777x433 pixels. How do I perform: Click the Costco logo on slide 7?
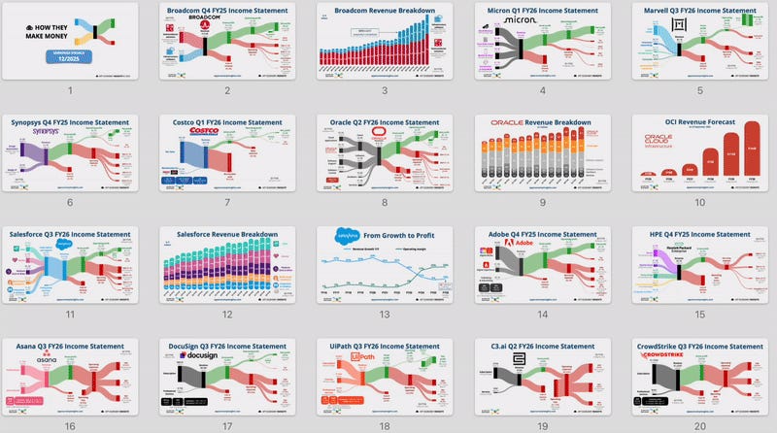click(205, 131)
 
